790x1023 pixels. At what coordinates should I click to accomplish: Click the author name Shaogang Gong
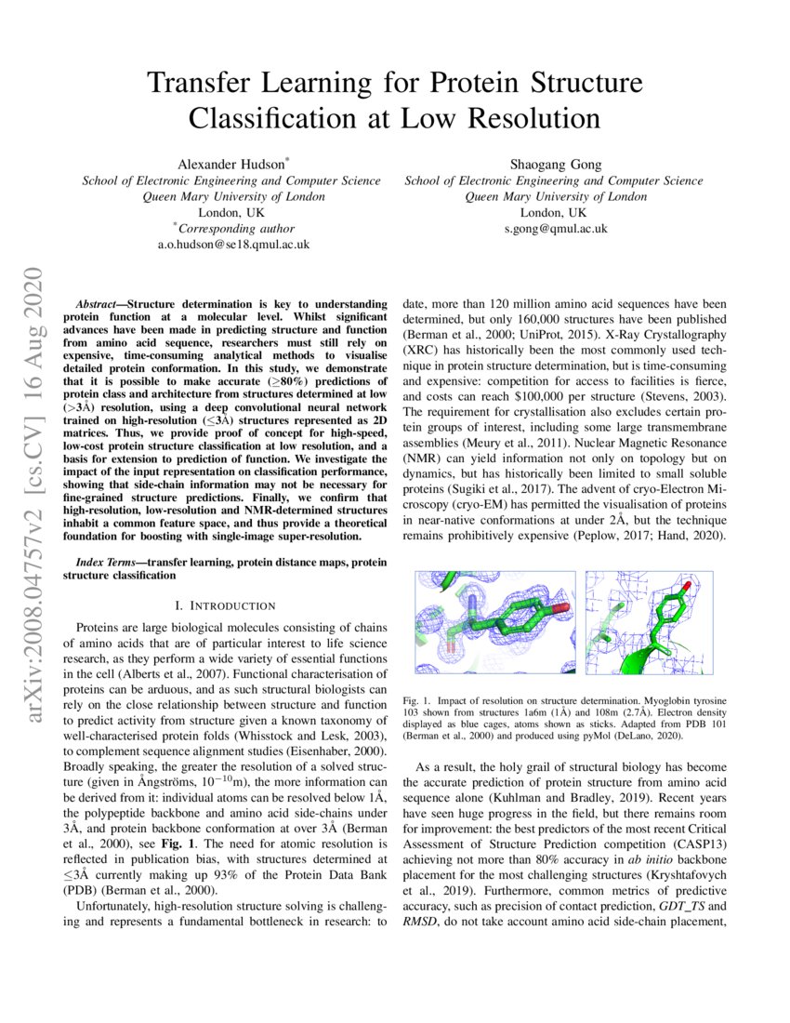coord(553,164)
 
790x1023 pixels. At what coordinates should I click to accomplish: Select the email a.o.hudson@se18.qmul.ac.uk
coord(233,245)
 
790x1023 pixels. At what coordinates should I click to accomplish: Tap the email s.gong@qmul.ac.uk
coord(554,228)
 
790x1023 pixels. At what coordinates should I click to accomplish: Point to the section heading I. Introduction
coord(226,605)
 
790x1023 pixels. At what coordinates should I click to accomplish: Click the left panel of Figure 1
coord(495,621)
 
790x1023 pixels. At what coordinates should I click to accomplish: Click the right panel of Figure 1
coord(649,621)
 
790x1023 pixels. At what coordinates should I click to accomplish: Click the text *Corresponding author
coord(233,228)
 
